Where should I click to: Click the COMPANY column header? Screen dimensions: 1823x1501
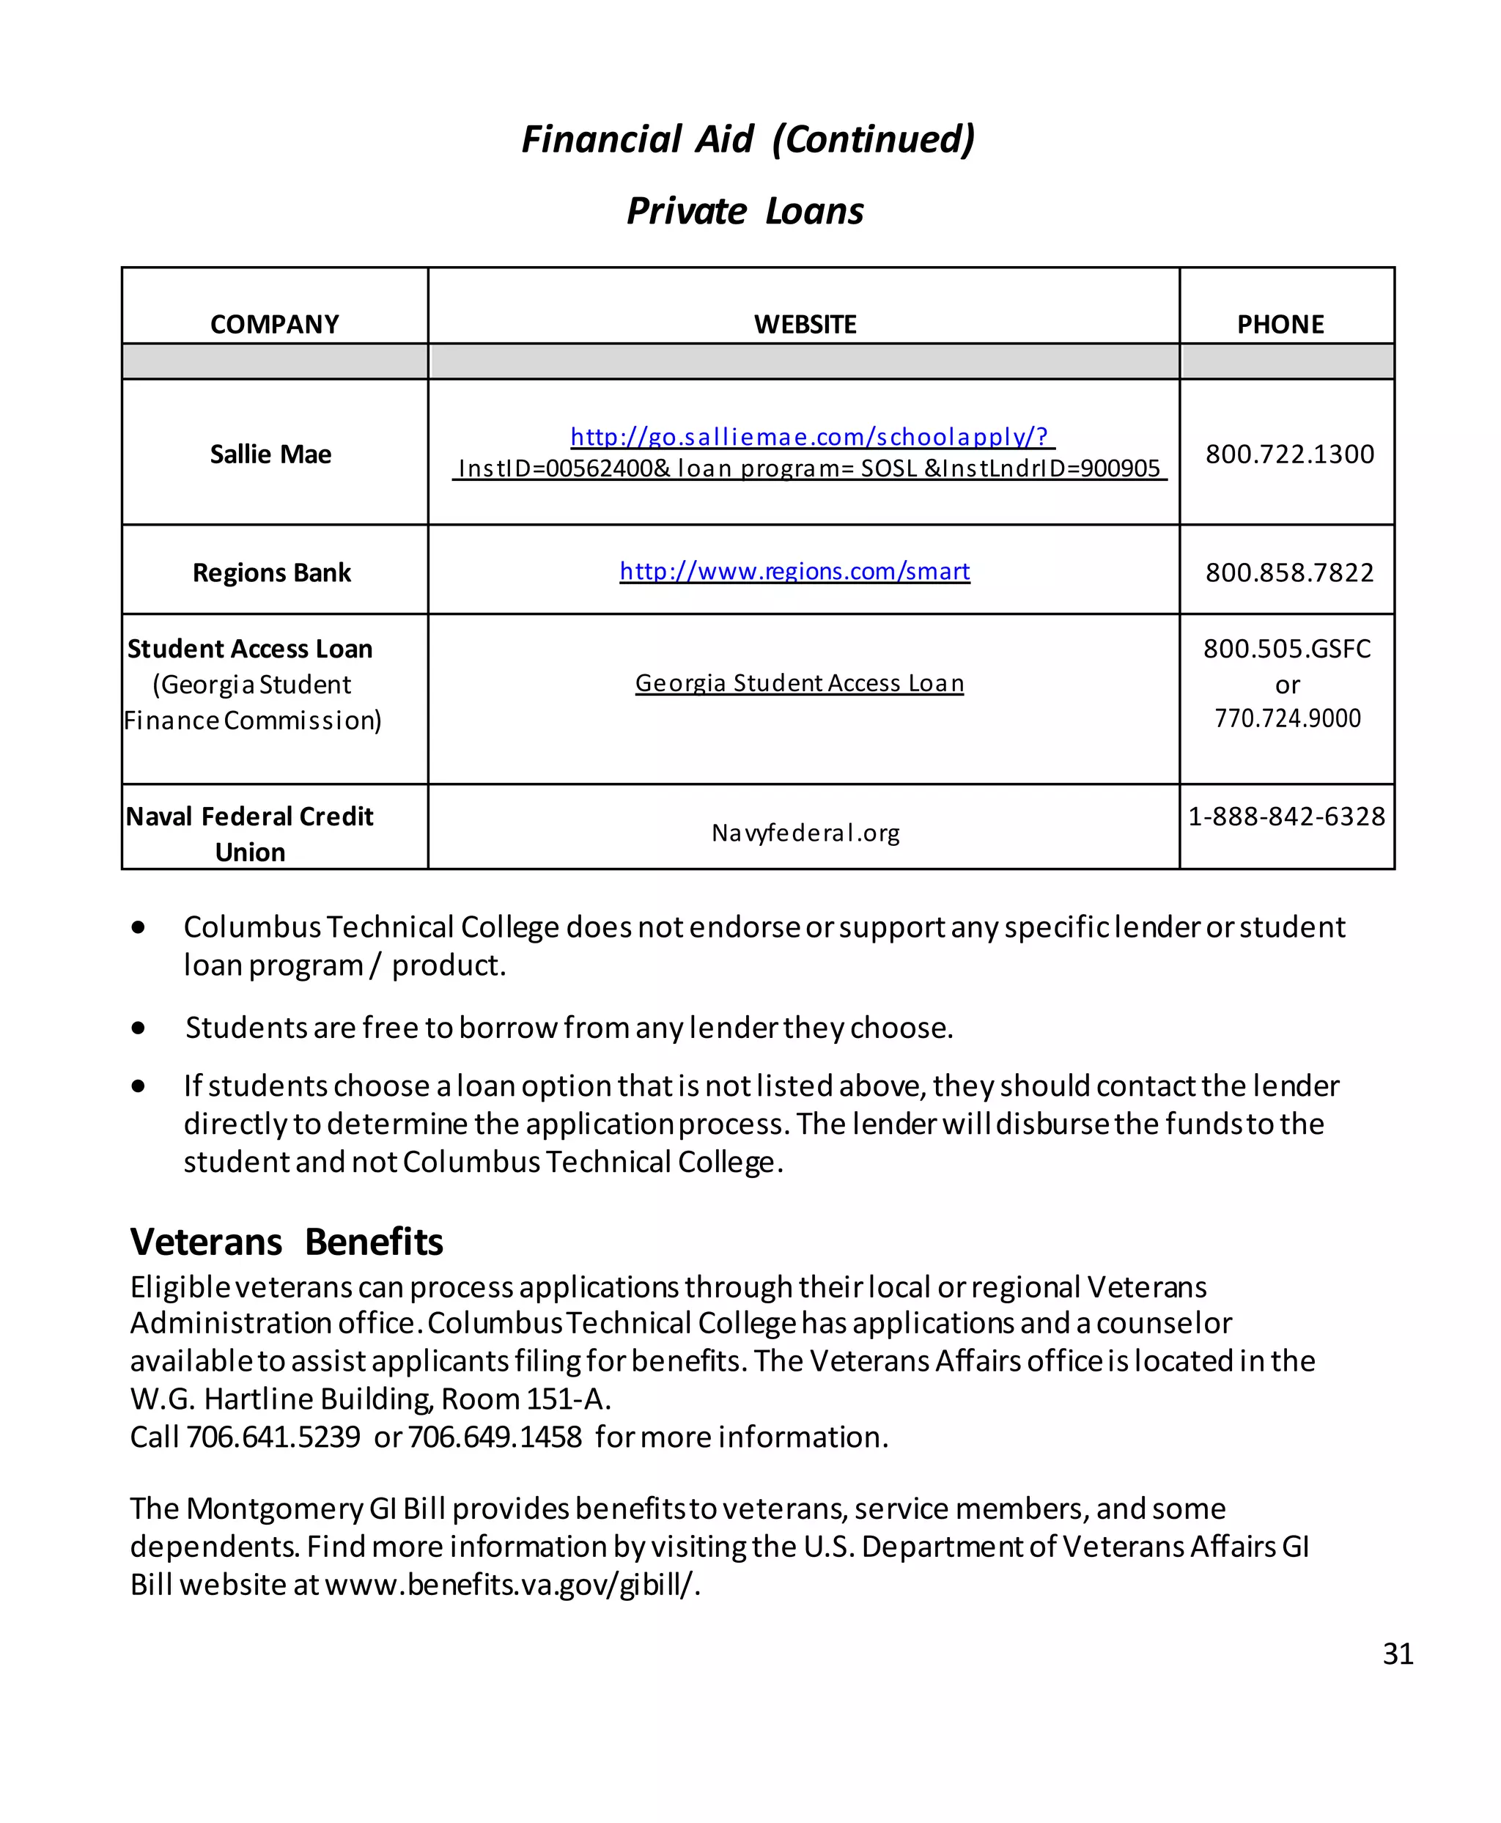[x=274, y=324]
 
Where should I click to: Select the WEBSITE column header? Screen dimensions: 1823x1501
[x=804, y=324]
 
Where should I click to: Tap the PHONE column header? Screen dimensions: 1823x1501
[x=1280, y=324]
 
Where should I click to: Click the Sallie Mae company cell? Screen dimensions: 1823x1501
[x=270, y=454]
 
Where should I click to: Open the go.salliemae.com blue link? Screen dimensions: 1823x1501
[x=809, y=437]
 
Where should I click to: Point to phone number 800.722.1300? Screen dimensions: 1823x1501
[x=1289, y=454]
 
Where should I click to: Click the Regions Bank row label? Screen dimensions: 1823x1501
[x=271, y=572]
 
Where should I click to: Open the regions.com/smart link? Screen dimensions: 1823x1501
[x=794, y=571]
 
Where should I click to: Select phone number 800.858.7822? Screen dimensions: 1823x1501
[x=1289, y=572]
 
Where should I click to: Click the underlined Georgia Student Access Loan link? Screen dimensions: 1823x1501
[x=799, y=683]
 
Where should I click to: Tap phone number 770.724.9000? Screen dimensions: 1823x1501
[x=1288, y=718]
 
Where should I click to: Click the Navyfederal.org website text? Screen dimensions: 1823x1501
[x=805, y=832]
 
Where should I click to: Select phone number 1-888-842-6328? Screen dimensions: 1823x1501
[x=1286, y=816]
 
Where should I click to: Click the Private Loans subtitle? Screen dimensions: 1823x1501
[x=745, y=211]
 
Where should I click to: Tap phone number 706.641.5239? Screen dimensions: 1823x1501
[x=273, y=1437]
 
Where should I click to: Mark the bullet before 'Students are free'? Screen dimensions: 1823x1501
[x=139, y=1028]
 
